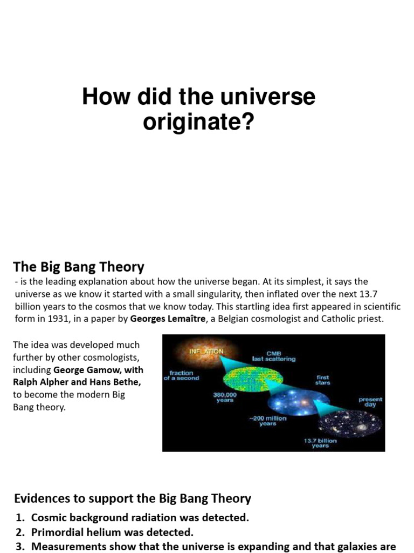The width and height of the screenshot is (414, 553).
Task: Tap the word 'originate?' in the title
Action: click(198, 122)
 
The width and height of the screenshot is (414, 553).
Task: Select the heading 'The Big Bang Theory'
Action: click(79, 267)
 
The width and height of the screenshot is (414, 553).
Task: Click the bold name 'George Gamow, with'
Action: click(99, 370)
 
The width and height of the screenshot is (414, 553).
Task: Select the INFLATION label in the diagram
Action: click(206, 351)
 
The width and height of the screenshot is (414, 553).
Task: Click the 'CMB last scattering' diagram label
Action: click(274, 356)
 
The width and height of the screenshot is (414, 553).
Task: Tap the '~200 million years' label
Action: click(267, 421)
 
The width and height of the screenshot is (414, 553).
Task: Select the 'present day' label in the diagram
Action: click(370, 402)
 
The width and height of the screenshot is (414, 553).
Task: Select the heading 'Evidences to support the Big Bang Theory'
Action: click(132, 498)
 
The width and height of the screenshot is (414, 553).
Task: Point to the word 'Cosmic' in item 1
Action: click(50, 517)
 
